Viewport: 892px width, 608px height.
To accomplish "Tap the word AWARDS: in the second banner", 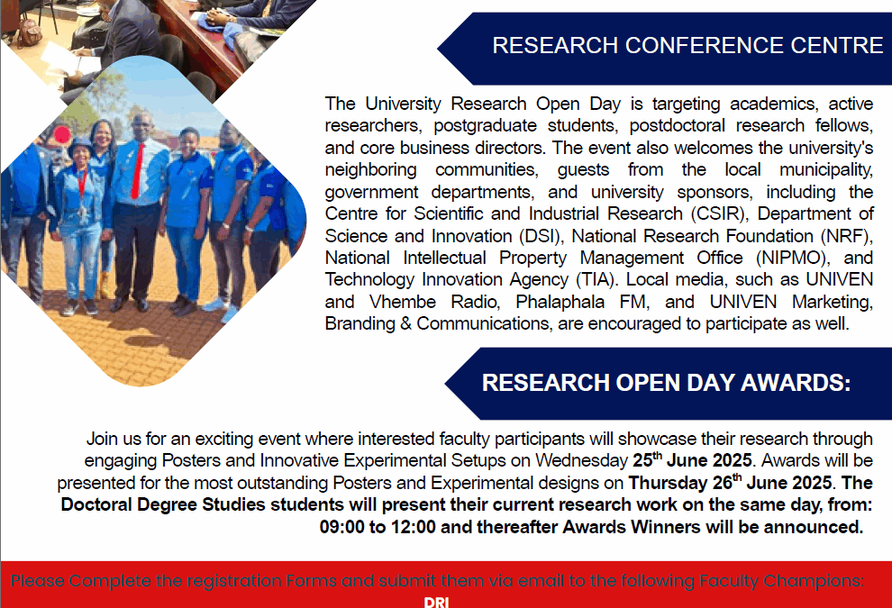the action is (796, 383).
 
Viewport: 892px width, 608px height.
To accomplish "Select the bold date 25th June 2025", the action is (692, 459).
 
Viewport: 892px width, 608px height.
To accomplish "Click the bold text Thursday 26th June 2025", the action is (730, 482).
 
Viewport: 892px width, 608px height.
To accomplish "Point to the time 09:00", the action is (341, 527).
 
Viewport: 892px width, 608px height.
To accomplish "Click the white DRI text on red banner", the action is (436, 602).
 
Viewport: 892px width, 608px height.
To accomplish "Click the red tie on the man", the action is (138, 170).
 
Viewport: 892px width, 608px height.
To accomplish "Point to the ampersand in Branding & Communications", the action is (405, 323).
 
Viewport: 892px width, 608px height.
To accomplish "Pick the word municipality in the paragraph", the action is (826, 170).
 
